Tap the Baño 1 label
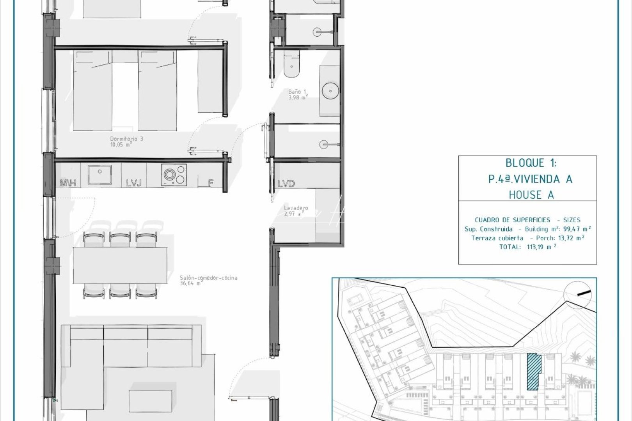click(298, 95)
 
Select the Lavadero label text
click(296, 211)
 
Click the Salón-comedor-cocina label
click(208, 281)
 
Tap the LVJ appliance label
click(133, 183)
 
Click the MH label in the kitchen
click(67, 183)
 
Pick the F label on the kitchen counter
click(210, 183)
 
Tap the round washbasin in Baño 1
click(330, 91)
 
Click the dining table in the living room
click(120, 265)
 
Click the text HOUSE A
click(531, 195)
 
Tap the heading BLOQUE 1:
click(531, 163)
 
